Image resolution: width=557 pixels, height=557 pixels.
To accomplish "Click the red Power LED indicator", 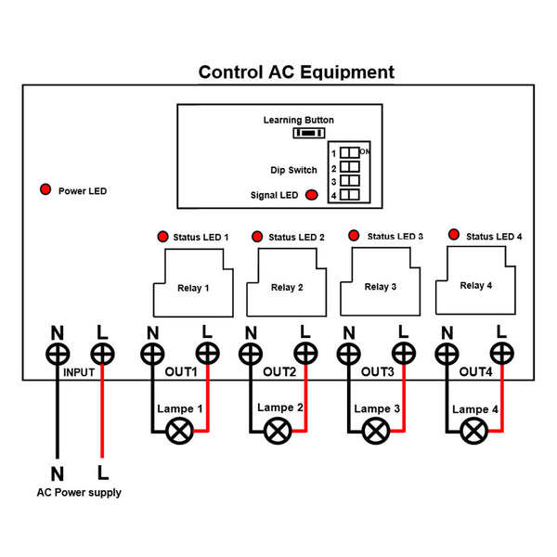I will point(45,190).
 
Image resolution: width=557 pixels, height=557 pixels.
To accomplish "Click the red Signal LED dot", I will point(311,195).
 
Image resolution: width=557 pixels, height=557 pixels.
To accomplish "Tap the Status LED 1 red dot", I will point(162,237).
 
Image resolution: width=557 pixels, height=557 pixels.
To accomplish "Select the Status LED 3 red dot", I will point(354,236).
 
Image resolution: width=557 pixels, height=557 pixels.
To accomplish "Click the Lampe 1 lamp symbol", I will point(179,430).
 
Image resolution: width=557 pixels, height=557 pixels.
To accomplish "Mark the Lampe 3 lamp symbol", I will point(377,430).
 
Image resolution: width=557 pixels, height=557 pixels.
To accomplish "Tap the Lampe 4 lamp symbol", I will point(475,430).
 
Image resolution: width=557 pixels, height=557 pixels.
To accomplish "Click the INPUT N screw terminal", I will point(58,354).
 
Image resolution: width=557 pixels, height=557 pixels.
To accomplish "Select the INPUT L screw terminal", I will point(101,354).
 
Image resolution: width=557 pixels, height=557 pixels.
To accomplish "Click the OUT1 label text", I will point(180,372).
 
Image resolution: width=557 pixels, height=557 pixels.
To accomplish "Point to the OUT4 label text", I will point(476,372).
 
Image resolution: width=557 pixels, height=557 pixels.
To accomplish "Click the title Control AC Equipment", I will point(296,72).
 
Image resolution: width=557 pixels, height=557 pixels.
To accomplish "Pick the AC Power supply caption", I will point(78,493).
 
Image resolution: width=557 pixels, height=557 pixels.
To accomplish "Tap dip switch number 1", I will point(348,152).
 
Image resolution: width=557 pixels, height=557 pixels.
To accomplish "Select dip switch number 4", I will point(348,195).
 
